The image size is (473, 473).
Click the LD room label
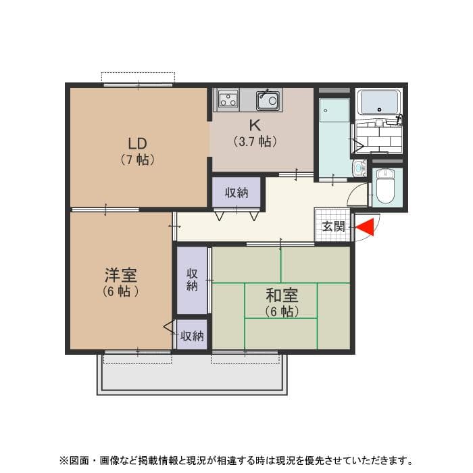[x=138, y=143]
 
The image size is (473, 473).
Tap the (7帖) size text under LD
[x=138, y=160]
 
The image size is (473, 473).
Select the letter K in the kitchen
[x=255, y=125]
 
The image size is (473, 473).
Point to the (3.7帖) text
[x=255, y=142]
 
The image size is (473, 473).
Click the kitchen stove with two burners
[x=228, y=100]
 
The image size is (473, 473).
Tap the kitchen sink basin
[x=268, y=101]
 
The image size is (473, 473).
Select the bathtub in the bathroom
[x=379, y=102]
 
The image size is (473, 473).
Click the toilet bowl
[x=386, y=186]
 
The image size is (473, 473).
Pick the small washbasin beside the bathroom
[x=358, y=168]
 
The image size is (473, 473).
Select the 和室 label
[x=281, y=295]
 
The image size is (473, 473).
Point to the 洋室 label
[x=121, y=276]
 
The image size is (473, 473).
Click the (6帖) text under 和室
[x=281, y=312]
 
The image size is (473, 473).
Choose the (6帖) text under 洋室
[x=121, y=292]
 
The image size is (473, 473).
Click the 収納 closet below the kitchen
[x=236, y=193]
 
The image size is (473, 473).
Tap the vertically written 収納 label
[x=192, y=280]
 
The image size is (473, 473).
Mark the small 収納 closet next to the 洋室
[x=192, y=335]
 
